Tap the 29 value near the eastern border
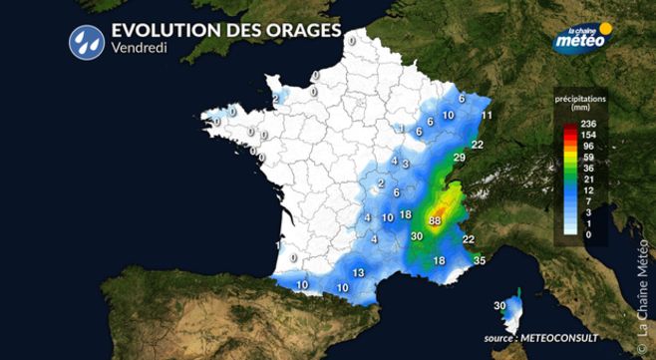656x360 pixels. click(459, 159)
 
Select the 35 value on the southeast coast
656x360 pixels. click(480, 260)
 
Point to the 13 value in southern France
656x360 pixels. click(357, 272)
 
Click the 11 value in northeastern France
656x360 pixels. click(488, 116)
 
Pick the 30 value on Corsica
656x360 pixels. click(500, 305)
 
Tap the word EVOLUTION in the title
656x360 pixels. click(163, 29)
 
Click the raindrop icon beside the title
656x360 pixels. click(85, 39)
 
